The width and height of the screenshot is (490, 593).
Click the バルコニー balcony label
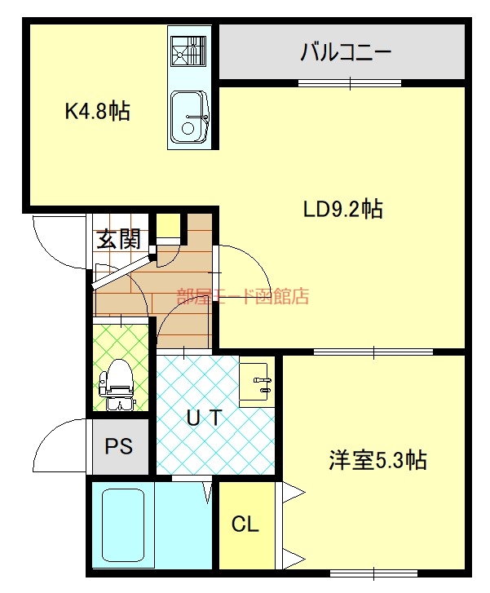346,54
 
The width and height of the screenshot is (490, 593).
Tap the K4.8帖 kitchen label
97,112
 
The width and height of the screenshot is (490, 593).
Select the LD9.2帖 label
342,210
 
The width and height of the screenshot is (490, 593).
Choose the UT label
204,418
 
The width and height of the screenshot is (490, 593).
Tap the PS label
119,447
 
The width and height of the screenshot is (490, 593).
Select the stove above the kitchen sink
189,51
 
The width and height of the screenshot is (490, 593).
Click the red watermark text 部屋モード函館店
243,296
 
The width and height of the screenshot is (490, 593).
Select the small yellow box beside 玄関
168,224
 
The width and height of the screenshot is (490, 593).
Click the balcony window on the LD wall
350,82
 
